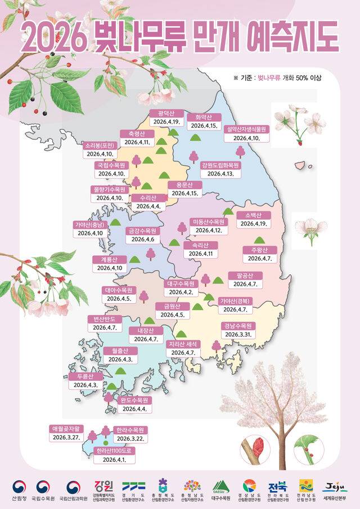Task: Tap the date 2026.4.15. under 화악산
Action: point(204,126)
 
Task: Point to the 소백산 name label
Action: point(254,215)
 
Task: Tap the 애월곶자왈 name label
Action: point(67,428)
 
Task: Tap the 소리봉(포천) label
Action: point(100,145)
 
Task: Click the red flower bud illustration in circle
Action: point(258,448)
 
